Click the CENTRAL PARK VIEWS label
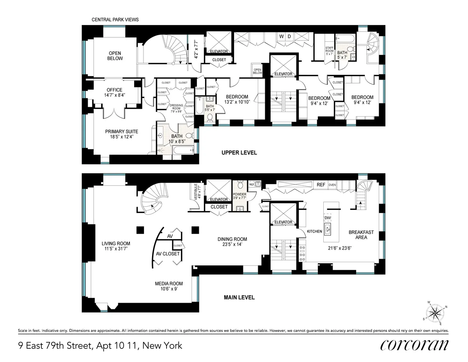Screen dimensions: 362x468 115,20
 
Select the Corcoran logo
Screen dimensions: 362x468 414,345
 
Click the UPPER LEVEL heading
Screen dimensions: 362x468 239,153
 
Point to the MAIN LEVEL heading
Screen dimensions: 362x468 239,298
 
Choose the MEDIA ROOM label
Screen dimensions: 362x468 169,284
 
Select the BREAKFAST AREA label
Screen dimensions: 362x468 361,234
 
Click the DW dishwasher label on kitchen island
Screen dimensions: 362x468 327,218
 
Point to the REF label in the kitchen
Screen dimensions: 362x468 321,185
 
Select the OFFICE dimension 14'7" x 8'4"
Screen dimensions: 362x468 114,95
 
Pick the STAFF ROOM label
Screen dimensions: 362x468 330,50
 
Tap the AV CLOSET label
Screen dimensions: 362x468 168,254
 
